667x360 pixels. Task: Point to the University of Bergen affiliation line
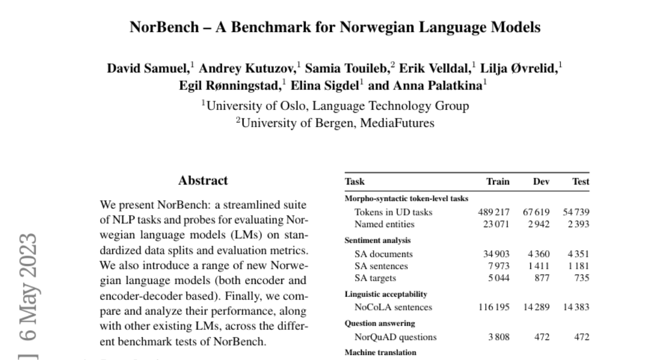tap(335, 123)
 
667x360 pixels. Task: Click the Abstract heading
tap(203, 181)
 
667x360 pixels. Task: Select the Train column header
tap(497, 182)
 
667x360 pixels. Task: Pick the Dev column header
tap(541, 182)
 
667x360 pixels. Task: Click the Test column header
tap(581, 182)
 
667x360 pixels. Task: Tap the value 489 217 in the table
tap(494, 212)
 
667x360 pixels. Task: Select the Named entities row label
tap(384, 224)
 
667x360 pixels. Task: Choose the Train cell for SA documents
tap(497, 254)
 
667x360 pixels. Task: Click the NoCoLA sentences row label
tap(393, 307)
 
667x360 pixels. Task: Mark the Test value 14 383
tap(576, 307)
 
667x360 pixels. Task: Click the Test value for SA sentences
tap(578, 266)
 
